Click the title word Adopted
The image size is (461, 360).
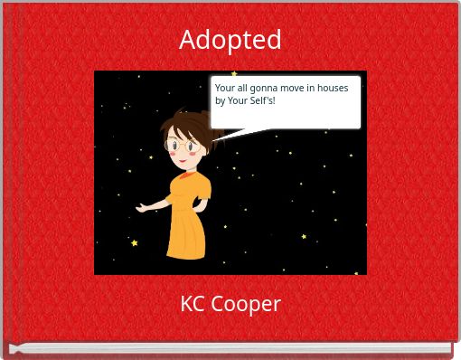pyautogui.click(x=230, y=40)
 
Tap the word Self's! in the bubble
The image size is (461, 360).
pyautogui.click(x=261, y=99)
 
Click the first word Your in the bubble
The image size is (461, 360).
pyautogui.click(x=224, y=88)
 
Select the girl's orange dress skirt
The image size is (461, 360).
pyautogui.click(x=186, y=233)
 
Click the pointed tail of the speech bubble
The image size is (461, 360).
pyautogui.click(x=226, y=137)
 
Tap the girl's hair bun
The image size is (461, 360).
pyautogui.click(x=217, y=134)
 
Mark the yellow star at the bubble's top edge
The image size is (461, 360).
pyautogui.click(x=234, y=74)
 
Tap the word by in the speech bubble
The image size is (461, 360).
pyautogui.click(x=220, y=99)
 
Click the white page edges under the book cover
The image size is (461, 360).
pyautogui.click(x=230, y=347)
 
